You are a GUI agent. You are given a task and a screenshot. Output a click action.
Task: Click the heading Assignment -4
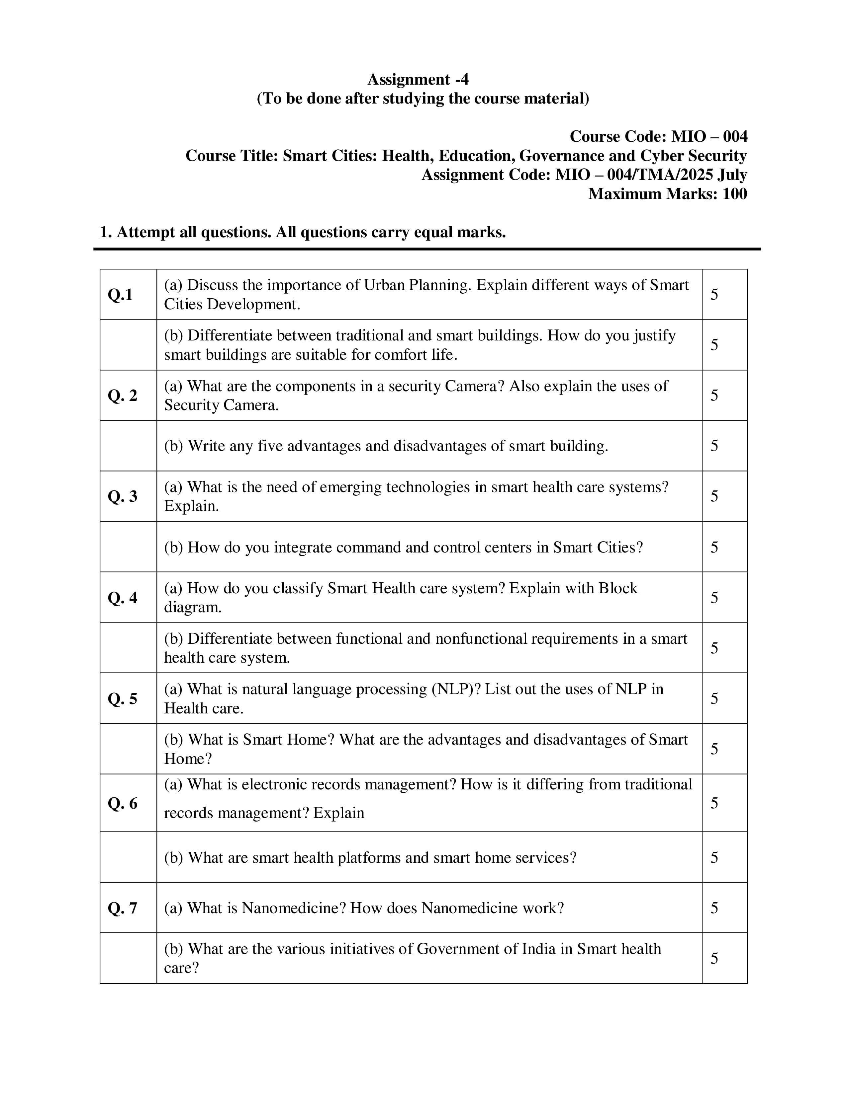point(418,79)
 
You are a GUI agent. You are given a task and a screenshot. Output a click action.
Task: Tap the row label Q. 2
point(123,396)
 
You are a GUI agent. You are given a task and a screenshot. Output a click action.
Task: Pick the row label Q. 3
point(123,496)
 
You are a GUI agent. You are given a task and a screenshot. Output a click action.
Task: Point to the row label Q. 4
point(123,598)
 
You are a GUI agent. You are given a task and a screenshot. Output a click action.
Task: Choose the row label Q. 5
point(123,698)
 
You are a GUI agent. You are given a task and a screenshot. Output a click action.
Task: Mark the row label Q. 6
point(123,803)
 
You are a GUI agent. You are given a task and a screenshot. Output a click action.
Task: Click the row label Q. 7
point(123,908)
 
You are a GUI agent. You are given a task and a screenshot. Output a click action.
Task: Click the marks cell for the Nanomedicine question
point(714,908)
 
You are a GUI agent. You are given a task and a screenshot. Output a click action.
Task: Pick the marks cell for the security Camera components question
point(714,396)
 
